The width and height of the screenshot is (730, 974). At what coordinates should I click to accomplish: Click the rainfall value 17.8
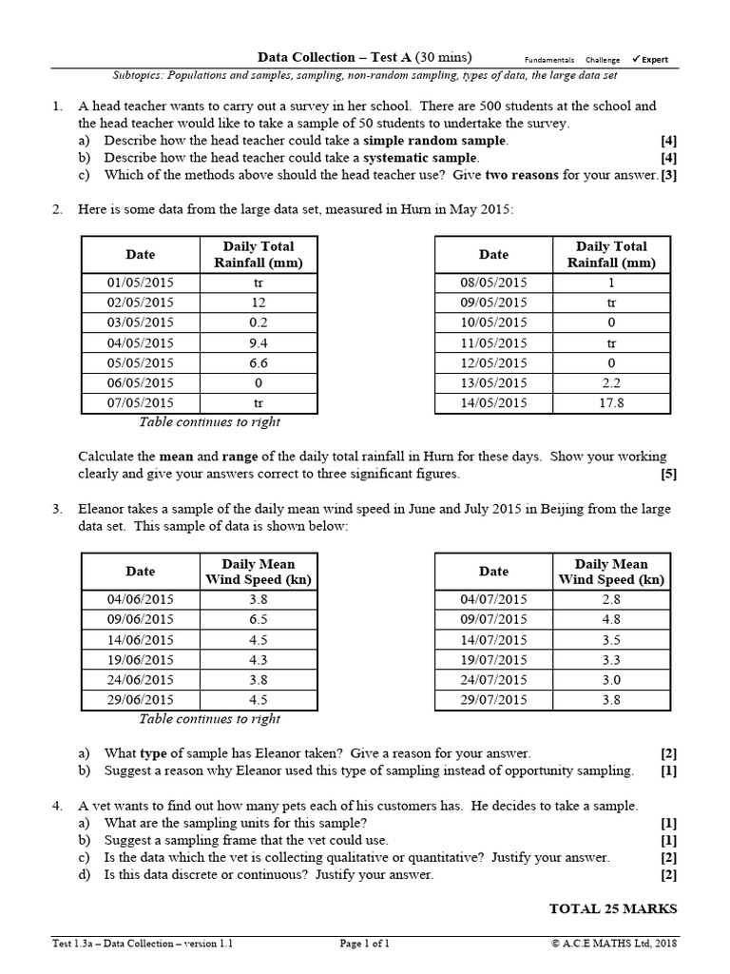pyautogui.click(x=611, y=403)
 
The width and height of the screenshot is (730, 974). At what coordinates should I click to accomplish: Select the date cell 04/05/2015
pyautogui.click(x=140, y=342)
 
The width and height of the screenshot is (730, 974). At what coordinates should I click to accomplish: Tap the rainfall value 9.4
pyautogui.click(x=258, y=342)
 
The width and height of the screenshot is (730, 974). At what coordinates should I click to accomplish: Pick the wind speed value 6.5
pyautogui.click(x=258, y=619)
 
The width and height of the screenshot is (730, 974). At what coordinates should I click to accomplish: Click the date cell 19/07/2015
pyautogui.click(x=493, y=659)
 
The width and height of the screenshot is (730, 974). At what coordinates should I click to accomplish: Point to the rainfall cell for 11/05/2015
pyautogui.click(x=611, y=342)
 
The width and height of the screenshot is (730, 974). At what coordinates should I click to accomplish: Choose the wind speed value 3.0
pyautogui.click(x=611, y=679)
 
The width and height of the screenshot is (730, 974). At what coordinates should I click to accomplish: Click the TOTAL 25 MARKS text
pyautogui.click(x=613, y=908)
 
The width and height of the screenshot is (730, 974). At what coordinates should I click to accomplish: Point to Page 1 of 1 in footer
pyautogui.click(x=365, y=945)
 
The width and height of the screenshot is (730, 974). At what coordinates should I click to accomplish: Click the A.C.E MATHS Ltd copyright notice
pyautogui.click(x=613, y=945)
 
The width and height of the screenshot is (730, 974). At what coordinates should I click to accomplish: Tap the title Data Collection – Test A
pyautogui.click(x=365, y=57)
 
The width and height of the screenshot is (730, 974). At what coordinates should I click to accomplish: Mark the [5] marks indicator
pyautogui.click(x=668, y=473)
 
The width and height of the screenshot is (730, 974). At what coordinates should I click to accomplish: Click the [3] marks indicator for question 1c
pyautogui.click(x=668, y=175)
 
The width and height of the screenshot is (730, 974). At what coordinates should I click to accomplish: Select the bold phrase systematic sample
pyautogui.click(x=422, y=158)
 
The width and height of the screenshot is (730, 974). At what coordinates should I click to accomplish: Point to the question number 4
pyautogui.click(x=57, y=806)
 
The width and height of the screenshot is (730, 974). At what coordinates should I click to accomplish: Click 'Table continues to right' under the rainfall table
pyautogui.click(x=210, y=422)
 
